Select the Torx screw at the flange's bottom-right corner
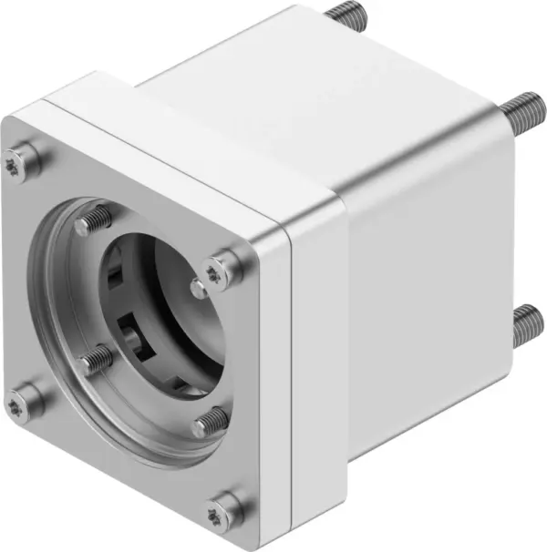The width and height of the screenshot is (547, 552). click(x=224, y=507)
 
